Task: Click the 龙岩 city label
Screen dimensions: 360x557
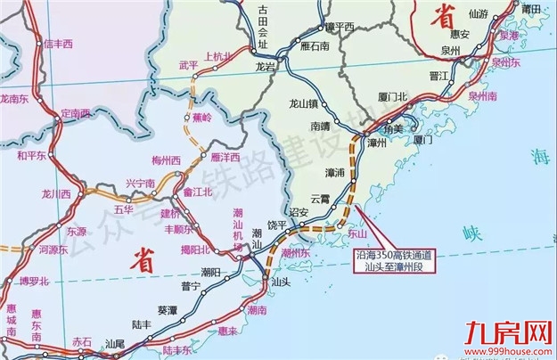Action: click(266, 66)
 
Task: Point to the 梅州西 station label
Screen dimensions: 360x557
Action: click(166, 160)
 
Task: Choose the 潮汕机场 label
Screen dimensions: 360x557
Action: click(238, 229)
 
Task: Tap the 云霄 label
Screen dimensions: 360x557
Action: click(320, 198)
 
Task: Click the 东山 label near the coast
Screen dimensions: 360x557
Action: click(356, 235)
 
